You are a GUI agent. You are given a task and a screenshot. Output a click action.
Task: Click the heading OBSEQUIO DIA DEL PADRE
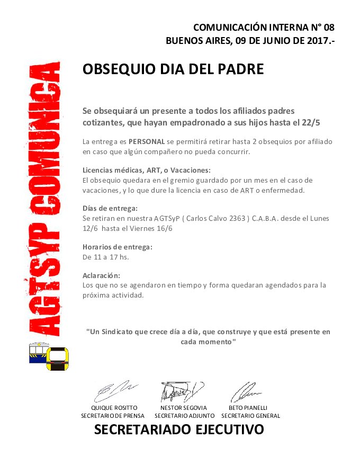[173, 69]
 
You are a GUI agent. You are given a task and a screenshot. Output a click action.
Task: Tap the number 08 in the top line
[328, 27]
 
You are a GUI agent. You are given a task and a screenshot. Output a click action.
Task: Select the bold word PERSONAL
[147, 142]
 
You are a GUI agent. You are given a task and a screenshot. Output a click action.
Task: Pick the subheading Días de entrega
[110, 208]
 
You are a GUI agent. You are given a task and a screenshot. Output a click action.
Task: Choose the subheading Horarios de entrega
[118, 247]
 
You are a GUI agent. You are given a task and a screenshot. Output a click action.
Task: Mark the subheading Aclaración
[102, 275]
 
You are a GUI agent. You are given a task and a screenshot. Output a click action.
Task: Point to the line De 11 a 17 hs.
[106, 257]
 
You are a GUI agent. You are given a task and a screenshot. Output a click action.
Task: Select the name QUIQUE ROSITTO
[114, 408]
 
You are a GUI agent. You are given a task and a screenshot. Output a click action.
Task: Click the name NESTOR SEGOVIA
[183, 408]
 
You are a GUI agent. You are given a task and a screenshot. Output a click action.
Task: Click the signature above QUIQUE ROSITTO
[115, 392]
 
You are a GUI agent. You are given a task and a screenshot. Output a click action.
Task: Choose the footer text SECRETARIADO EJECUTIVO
[179, 429]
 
